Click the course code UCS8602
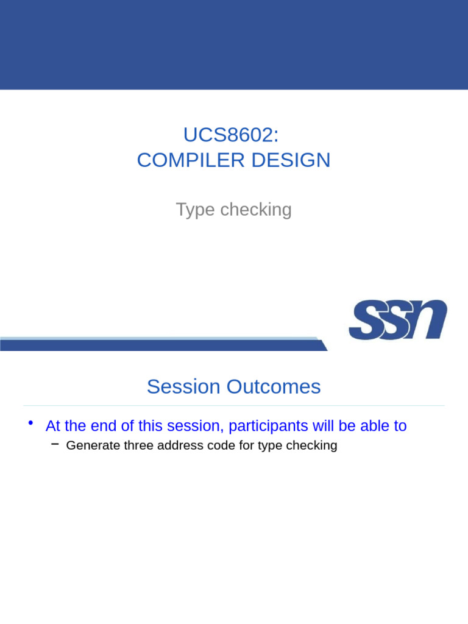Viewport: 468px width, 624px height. click(x=229, y=135)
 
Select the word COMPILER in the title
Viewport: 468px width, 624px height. click(x=191, y=160)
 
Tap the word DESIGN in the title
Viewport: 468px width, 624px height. click(x=291, y=160)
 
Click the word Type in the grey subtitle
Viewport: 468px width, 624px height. click(x=196, y=210)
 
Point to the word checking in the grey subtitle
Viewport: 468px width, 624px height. click(x=256, y=210)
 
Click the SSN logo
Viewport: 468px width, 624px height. click(x=398, y=319)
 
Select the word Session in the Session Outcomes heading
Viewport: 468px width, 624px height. click(x=183, y=386)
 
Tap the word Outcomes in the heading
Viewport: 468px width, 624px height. click(x=274, y=386)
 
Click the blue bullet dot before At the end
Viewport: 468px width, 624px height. click(x=30, y=423)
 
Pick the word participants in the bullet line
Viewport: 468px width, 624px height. click(x=268, y=426)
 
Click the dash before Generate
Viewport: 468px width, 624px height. click(x=55, y=444)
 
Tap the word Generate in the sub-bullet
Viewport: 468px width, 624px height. click(x=93, y=445)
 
